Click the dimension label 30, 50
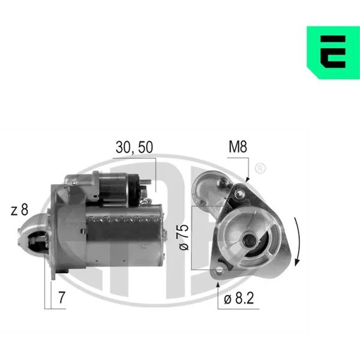pos(134,147)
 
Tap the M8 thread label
pos(238,147)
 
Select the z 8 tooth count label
pos(20,209)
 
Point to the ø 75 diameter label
pos(184,238)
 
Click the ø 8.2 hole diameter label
pos(239,298)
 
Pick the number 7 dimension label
pos(62,298)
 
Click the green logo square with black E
pos(333,53)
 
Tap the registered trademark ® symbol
pos(260,169)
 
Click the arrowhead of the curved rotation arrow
pos(297,262)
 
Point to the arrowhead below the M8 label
pos(247,179)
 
